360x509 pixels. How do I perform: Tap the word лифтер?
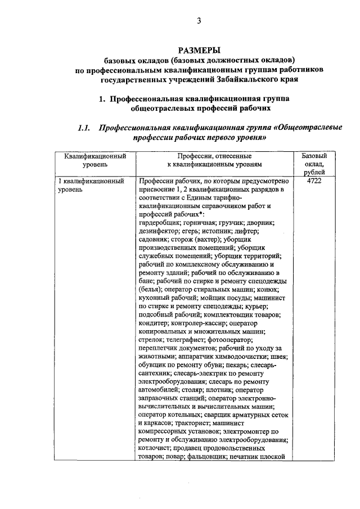(x=244, y=231)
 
